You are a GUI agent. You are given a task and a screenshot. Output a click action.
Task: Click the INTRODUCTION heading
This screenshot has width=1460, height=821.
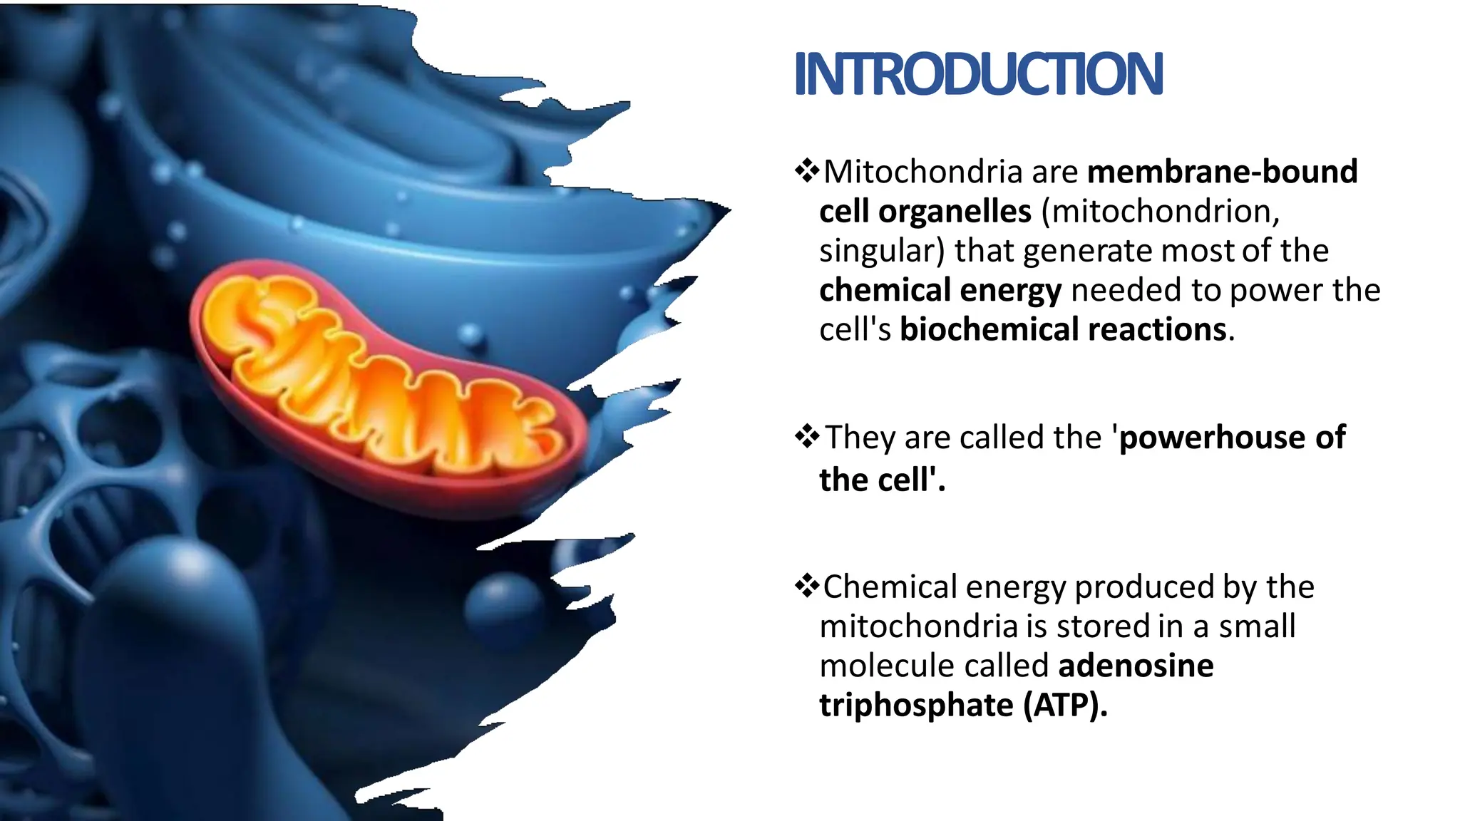tap(978, 74)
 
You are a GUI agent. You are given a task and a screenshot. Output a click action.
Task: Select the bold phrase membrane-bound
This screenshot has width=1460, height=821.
tap(1222, 172)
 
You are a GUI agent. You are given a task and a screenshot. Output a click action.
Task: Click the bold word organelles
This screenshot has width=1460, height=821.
tap(955, 212)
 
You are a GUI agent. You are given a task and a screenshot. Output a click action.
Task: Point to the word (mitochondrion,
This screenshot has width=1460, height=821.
tap(1161, 212)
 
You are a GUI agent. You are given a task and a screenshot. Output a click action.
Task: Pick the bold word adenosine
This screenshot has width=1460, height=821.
tap(1136, 666)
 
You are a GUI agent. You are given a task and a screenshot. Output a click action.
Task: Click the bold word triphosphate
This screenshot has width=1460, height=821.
tap(916, 706)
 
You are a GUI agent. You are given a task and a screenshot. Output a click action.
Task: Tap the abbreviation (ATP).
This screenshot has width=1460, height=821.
tap(1065, 706)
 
